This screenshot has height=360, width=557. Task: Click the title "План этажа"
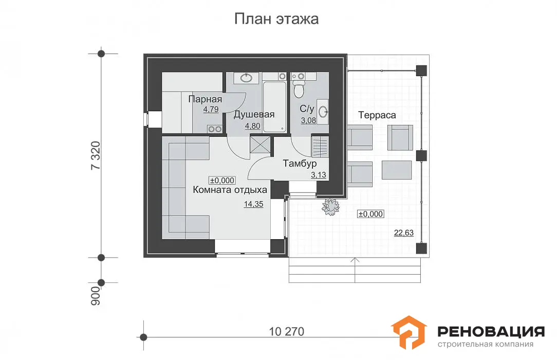click(276, 19)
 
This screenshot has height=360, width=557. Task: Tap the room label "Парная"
click(205, 99)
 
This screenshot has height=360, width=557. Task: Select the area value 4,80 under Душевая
click(253, 126)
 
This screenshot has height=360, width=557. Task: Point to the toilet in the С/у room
click(299, 87)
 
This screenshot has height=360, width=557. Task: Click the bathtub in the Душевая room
click(274, 106)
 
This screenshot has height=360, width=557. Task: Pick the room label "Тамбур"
click(300, 164)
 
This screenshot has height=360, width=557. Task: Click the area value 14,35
click(254, 204)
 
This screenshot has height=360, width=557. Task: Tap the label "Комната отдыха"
click(230, 190)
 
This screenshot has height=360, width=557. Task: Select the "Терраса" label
click(377, 115)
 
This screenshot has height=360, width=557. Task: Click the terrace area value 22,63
click(404, 233)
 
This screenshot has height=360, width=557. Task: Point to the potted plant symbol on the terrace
click(331, 206)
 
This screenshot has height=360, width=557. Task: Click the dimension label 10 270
click(286, 332)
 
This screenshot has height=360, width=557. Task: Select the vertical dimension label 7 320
click(96, 155)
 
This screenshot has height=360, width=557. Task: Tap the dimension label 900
click(96, 295)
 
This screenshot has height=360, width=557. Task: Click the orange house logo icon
click(409, 332)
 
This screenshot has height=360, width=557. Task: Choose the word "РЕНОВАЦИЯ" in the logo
click(491, 332)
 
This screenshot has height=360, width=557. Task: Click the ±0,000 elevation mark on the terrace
click(370, 214)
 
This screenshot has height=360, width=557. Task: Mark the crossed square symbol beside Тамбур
click(260, 145)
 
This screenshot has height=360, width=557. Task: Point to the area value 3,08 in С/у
click(308, 120)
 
